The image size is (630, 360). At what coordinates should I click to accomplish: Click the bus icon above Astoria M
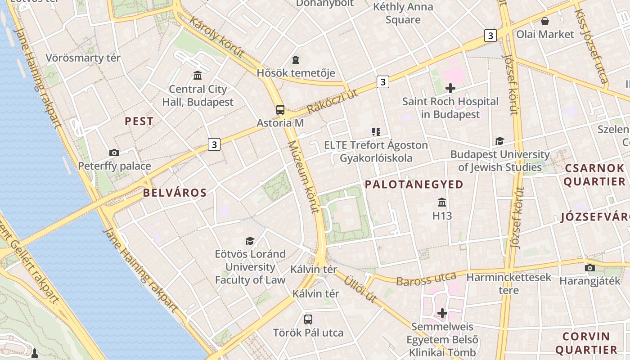pos(280,109)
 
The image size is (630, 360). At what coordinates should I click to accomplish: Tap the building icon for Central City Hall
pos(198,75)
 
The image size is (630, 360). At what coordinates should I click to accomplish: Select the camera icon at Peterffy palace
pos(114,153)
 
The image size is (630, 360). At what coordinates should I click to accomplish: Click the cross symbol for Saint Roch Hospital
pos(450,88)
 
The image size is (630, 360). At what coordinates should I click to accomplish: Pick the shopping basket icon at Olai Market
pos(545,21)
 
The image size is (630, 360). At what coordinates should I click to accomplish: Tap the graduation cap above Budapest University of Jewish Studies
pos(499,141)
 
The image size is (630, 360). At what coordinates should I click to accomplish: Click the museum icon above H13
pos(442,202)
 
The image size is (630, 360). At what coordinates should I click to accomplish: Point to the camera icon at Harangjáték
pos(589,268)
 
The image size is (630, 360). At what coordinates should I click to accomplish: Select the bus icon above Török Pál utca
pos(308,319)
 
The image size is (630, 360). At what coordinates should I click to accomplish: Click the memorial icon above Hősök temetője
pos(296,59)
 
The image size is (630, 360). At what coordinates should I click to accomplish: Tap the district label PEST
pos(139,121)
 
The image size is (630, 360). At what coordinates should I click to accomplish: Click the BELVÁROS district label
pos(175,193)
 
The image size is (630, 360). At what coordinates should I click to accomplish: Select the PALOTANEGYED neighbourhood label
pos(414,184)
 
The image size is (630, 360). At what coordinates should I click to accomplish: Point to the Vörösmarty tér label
pos(83,58)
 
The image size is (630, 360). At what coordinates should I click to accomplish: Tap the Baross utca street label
pos(426,279)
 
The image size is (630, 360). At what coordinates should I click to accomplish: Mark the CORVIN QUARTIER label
pos(586,343)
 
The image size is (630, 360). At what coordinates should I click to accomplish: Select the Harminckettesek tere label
pos(508,283)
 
